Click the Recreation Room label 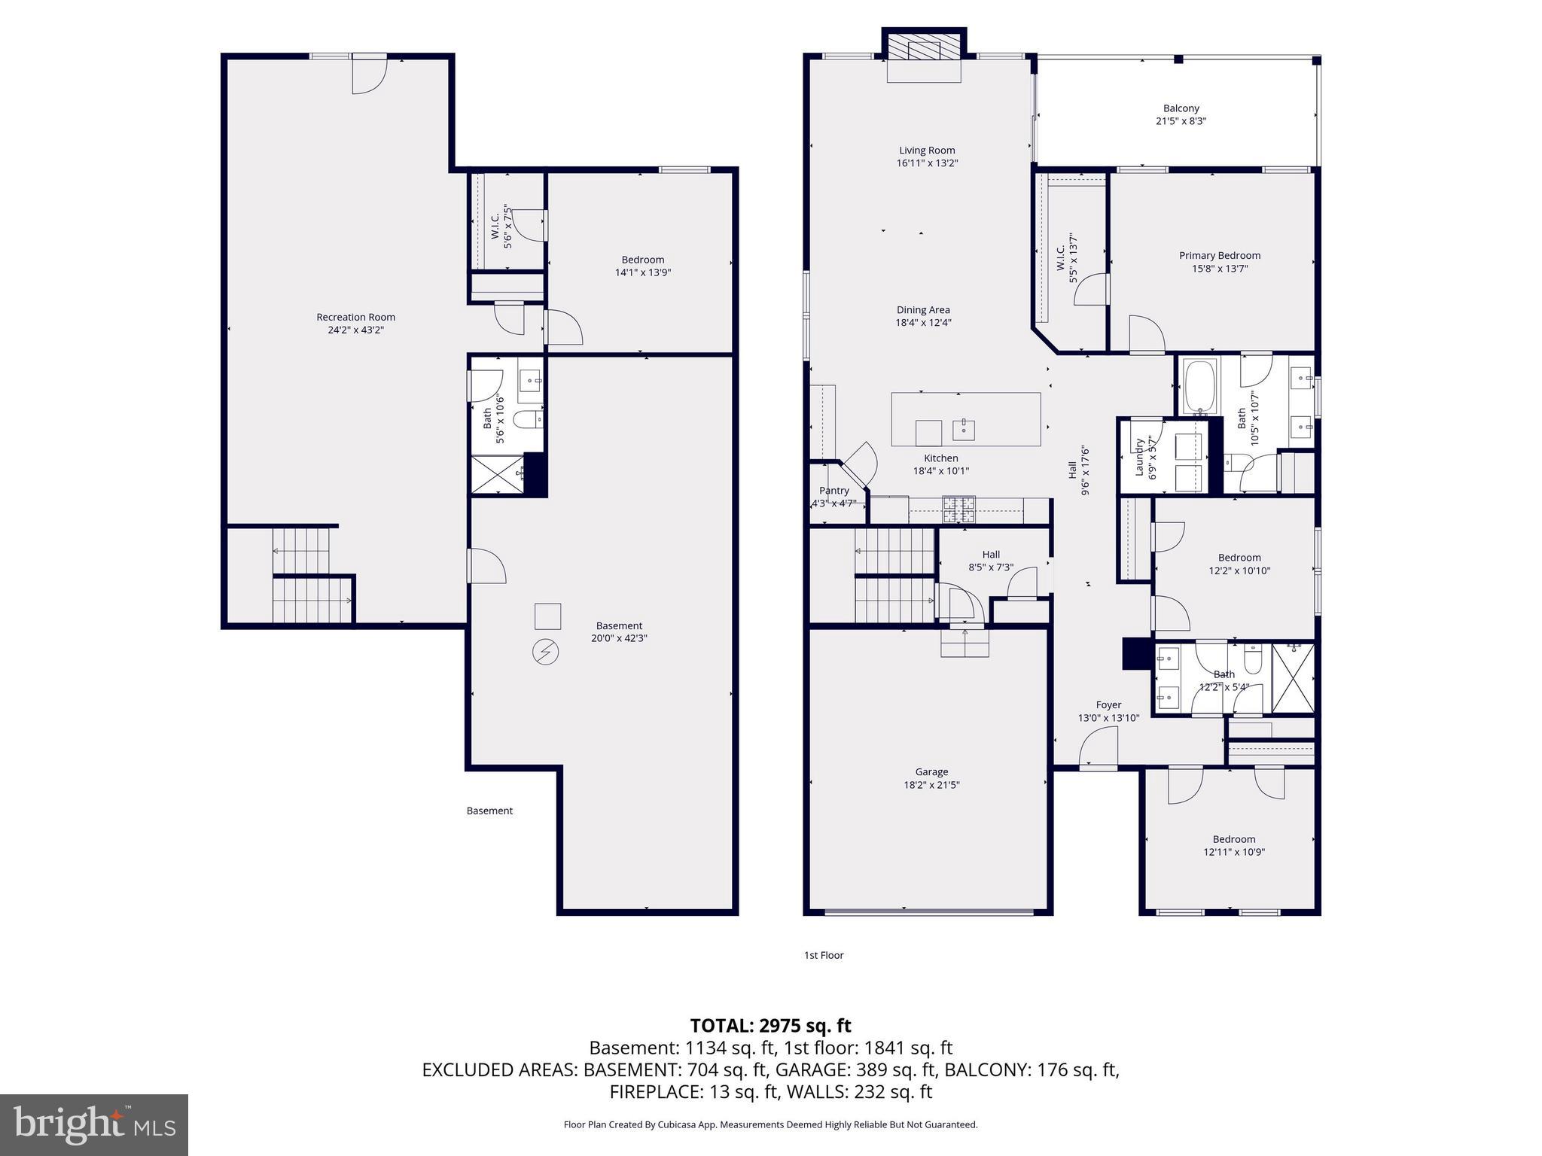pyautogui.click(x=355, y=317)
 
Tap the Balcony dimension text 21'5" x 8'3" pyautogui.click(x=1181, y=121)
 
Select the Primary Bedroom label pyautogui.click(x=1219, y=255)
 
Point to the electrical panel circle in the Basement pyautogui.click(x=545, y=652)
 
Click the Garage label pyautogui.click(x=931, y=771)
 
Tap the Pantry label pyautogui.click(x=833, y=491)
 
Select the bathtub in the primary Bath pyautogui.click(x=1200, y=387)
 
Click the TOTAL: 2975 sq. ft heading pyautogui.click(x=770, y=1026)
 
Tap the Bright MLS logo pyautogui.click(x=94, y=1124)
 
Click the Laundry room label pyautogui.click(x=1139, y=457)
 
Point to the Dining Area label pyautogui.click(x=922, y=309)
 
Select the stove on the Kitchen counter pyautogui.click(x=958, y=510)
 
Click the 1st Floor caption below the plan pyautogui.click(x=824, y=955)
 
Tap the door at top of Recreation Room pyautogui.click(x=369, y=75)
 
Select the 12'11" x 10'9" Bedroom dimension pyautogui.click(x=1233, y=852)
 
